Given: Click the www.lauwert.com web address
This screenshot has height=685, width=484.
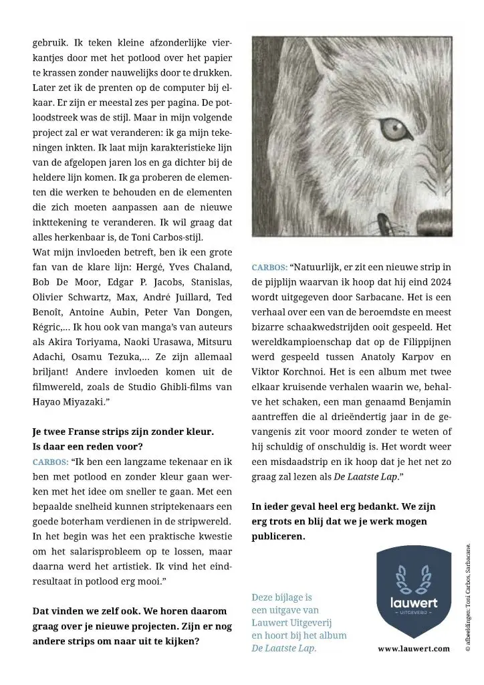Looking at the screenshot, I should [413, 649].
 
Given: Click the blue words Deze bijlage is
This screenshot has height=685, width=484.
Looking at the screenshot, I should [281, 596].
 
